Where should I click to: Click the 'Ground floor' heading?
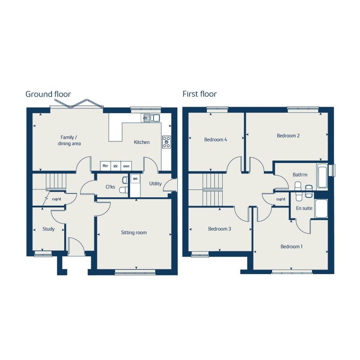[x=48, y=94]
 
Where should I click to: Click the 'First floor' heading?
[x=200, y=94]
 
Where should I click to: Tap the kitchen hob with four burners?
[x=166, y=142]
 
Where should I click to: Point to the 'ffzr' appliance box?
[x=106, y=166]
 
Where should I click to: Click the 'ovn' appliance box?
[x=126, y=166]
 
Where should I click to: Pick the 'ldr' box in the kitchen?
[x=116, y=166]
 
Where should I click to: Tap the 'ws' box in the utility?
[x=135, y=179]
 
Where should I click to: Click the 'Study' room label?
[x=48, y=229]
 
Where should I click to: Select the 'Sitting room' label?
[x=134, y=233]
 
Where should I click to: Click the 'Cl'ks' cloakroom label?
[x=110, y=187]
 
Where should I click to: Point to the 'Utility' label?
[x=155, y=184]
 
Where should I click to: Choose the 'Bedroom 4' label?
[x=216, y=139]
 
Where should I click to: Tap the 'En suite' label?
[x=304, y=208]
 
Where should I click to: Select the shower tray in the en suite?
[x=321, y=208]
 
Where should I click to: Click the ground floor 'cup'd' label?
[x=56, y=199]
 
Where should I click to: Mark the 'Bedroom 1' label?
[x=291, y=246]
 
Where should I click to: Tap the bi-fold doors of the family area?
[x=77, y=104]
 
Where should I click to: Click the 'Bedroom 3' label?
[x=219, y=229]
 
